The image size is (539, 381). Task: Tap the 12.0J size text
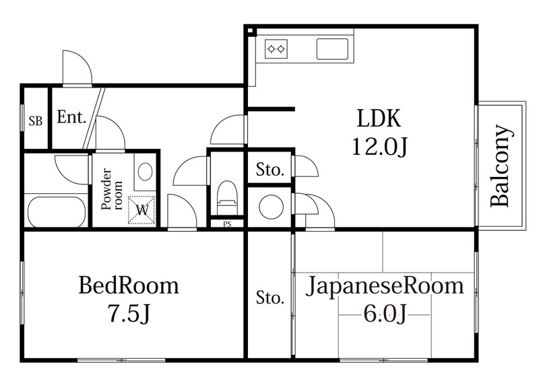379,145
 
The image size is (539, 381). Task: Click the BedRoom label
129,285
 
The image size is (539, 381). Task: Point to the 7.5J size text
129,313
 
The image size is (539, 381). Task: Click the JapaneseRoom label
385,285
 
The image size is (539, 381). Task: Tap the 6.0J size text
385,313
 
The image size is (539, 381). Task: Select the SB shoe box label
35,121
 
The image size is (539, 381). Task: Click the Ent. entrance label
71,118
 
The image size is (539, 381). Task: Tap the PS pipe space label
227,224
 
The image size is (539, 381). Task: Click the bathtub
56,211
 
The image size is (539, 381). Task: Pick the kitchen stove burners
276,48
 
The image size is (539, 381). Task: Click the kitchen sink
332,48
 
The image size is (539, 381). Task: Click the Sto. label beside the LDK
269,170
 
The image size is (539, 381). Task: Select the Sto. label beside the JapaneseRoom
269,297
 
